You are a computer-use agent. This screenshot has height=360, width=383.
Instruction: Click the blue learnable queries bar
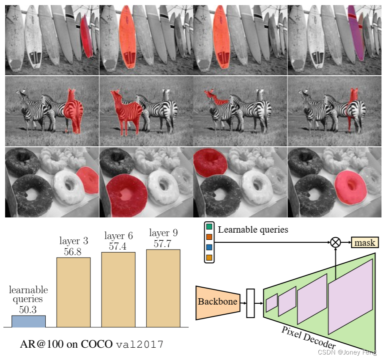(28, 321)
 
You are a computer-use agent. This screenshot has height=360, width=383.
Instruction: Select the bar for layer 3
(74, 292)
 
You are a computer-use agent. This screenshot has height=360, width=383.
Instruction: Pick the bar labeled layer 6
(118, 289)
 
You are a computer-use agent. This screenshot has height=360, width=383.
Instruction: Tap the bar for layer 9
(163, 288)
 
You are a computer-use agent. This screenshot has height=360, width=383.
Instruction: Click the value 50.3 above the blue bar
(28, 310)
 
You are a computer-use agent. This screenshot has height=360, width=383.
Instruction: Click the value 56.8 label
(72, 252)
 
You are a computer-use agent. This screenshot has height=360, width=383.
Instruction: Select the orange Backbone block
(217, 302)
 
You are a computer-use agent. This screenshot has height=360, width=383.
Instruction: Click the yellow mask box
(365, 242)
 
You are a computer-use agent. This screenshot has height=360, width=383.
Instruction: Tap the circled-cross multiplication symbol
(335, 242)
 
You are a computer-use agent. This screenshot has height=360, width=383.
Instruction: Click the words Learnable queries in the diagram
(253, 230)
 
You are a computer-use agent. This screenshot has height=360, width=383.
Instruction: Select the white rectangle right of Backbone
(251, 302)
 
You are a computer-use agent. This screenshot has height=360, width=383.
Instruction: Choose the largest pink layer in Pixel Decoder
(350, 296)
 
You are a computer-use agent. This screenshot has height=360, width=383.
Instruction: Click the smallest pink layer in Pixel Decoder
(272, 302)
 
